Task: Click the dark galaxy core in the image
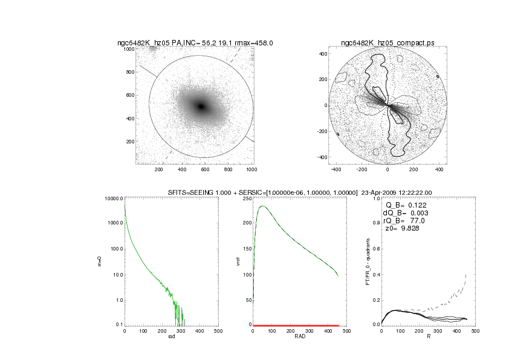pos(201,106)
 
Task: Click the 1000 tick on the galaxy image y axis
pos(129,49)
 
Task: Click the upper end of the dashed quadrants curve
pos(467,274)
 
